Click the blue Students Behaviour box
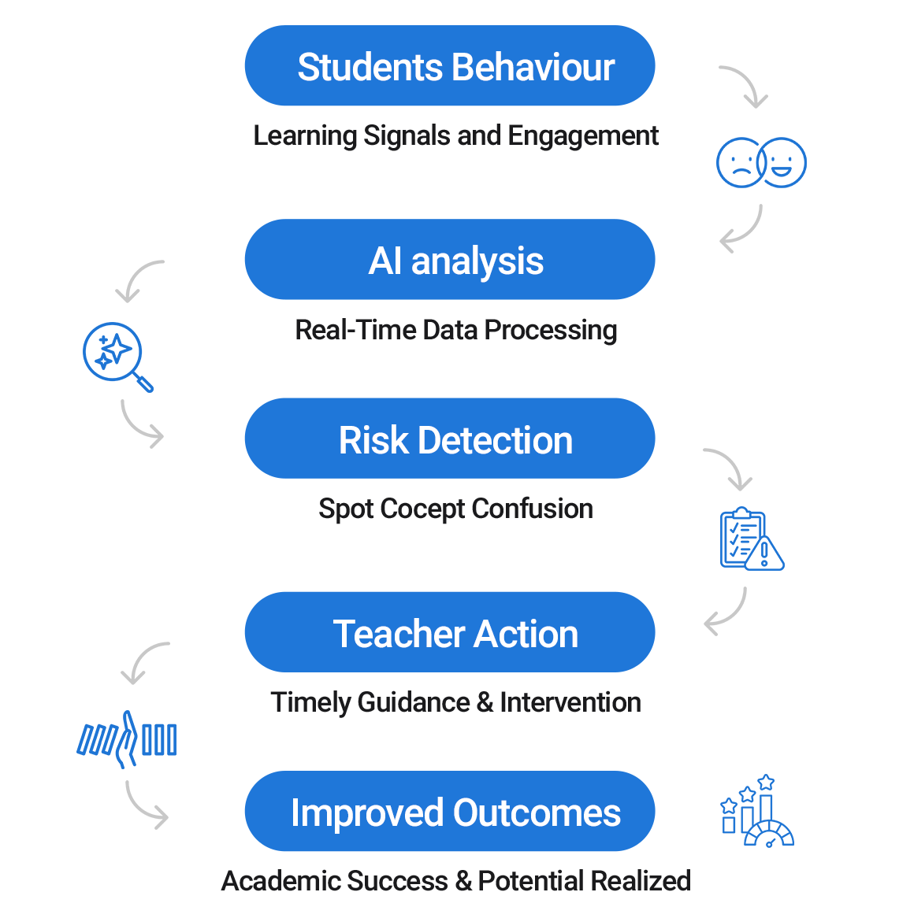[x=449, y=66]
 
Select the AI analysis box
[x=449, y=260]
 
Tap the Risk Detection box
[x=449, y=439]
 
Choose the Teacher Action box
[x=449, y=632]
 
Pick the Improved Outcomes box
[x=449, y=811]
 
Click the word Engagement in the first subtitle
[x=582, y=136]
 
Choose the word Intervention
[x=570, y=702]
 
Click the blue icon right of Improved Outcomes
[x=757, y=811]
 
